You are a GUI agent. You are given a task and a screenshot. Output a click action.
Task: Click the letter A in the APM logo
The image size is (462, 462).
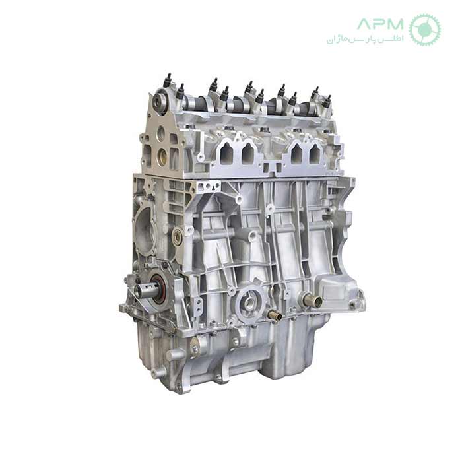365,24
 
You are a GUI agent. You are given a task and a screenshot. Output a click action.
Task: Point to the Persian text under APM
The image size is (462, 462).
365,39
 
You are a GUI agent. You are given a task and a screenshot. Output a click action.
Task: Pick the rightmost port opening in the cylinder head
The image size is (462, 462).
315,154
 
